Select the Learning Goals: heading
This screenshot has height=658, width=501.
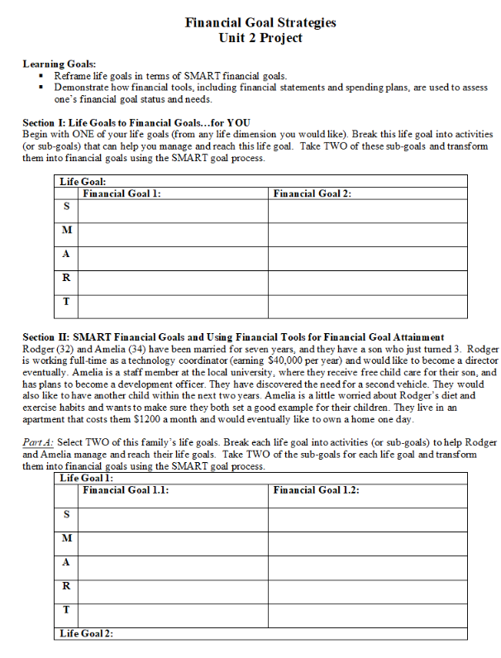click(x=59, y=64)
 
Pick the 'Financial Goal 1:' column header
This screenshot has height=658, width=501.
click(x=122, y=193)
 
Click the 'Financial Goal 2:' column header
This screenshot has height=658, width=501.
click(x=312, y=193)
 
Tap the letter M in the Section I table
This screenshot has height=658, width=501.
click(x=66, y=231)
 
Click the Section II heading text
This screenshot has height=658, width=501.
click(x=233, y=337)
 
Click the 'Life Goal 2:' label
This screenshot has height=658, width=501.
click(x=86, y=633)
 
